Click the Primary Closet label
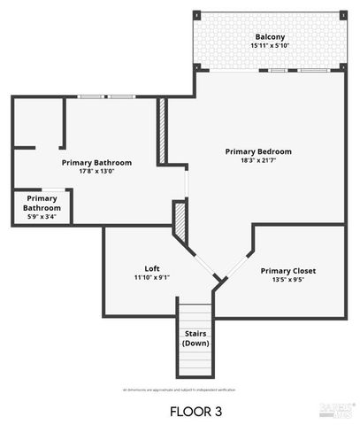pyautogui.click(x=288, y=270)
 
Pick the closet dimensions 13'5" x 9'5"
pyautogui.click(x=288, y=279)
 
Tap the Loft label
pyautogui.click(x=152, y=268)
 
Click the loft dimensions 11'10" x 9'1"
pyautogui.click(x=152, y=277)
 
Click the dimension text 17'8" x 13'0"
pyautogui.click(x=97, y=172)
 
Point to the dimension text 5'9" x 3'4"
pyautogui.click(x=42, y=216)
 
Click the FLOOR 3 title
pyautogui.click(x=195, y=411)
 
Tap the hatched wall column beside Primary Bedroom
pyautogui.click(x=163, y=130)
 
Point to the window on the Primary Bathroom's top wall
pyautogui.click(x=105, y=96)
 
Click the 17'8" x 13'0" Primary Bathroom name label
pyautogui.click(x=97, y=163)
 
